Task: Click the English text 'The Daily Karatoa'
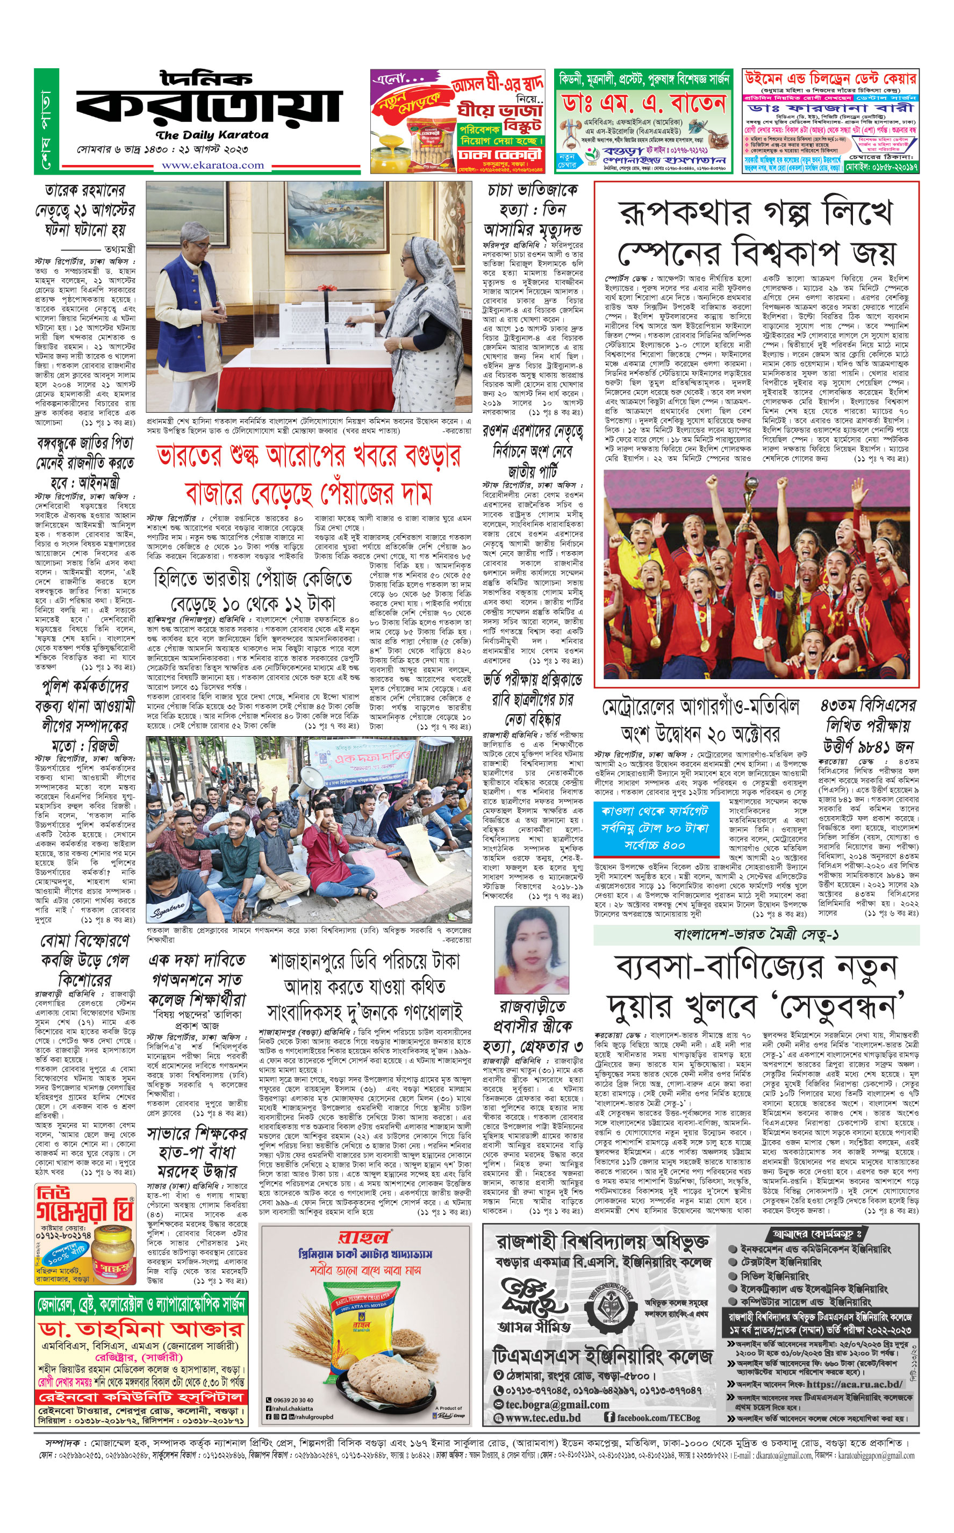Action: point(212,135)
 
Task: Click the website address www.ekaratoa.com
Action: point(213,165)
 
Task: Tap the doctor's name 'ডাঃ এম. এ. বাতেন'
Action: point(643,103)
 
